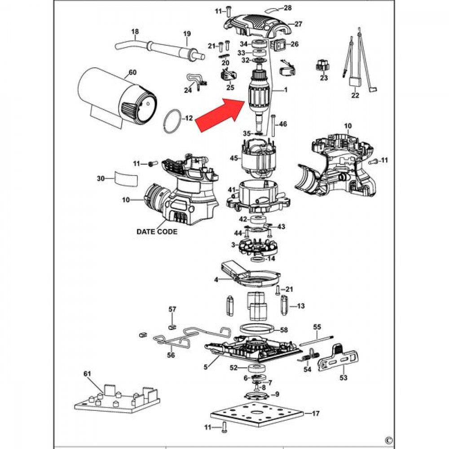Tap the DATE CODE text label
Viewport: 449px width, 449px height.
(x=157, y=232)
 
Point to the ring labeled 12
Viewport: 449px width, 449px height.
(x=172, y=121)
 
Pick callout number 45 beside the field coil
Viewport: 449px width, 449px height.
(x=233, y=158)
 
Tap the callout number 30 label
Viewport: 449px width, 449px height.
(x=100, y=179)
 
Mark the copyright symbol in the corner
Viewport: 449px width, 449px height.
(x=389, y=440)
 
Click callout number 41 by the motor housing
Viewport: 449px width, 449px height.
(x=231, y=190)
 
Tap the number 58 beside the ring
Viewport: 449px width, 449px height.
(x=284, y=330)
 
